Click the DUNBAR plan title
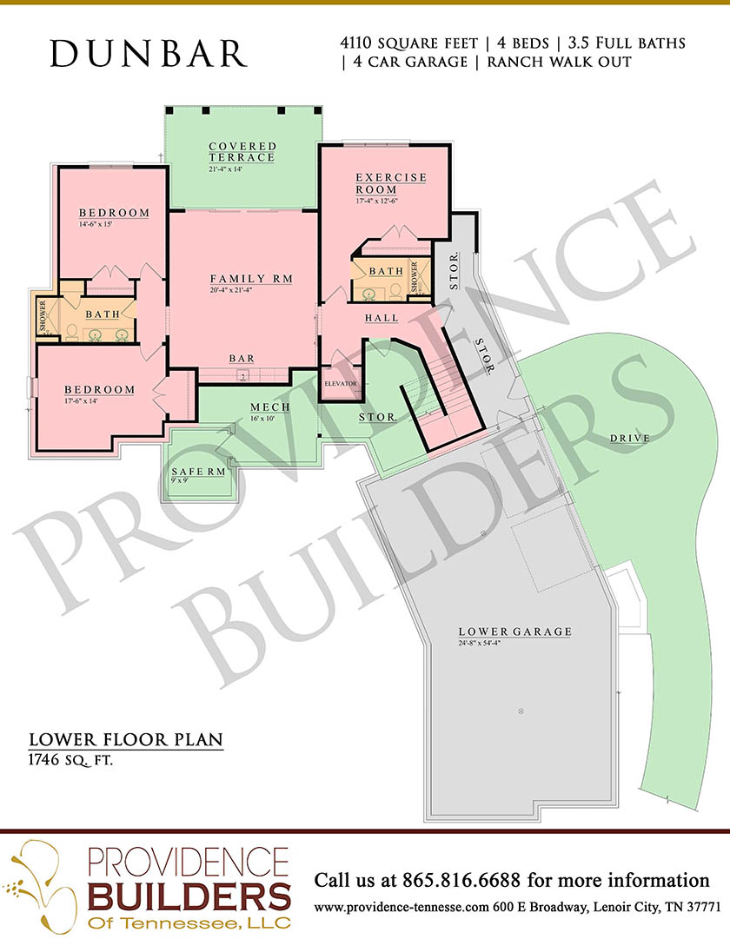[x=148, y=53]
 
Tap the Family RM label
[x=252, y=279]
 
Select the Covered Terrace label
[x=242, y=151]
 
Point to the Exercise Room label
[x=391, y=183]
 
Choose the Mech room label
[x=270, y=407]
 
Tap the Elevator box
[x=341, y=383]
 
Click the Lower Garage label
[x=515, y=632]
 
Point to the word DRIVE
[x=630, y=439]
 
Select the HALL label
[x=382, y=317]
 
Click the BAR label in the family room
[x=242, y=358]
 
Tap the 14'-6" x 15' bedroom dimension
[x=96, y=225]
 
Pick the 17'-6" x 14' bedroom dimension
[x=81, y=401]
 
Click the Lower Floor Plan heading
[x=126, y=739]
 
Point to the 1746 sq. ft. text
[x=70, y=761]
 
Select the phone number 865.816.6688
[x=461, y=880]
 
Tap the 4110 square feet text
[x=408, y=43]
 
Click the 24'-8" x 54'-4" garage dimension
[x=480, y=643]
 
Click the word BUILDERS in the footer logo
[x=189, y=897]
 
